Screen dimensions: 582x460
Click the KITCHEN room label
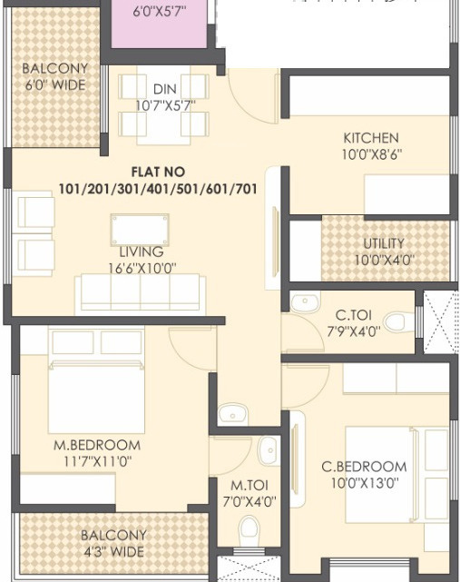(371, 138)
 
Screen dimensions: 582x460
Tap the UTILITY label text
(384, 244)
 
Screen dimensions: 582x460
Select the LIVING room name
(141, 252)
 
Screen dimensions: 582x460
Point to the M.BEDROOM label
(96, 445)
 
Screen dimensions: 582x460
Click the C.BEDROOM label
(364, 467)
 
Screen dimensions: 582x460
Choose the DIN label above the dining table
(164, 89)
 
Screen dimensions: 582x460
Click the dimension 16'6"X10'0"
(141, 268)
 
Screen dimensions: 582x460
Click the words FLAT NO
(158, 171)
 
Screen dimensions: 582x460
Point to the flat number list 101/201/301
(158, 189)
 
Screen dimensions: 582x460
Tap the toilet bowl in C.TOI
(396, 321)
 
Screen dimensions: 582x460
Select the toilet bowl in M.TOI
(249, 530)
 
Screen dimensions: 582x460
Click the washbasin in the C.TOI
(305, 302)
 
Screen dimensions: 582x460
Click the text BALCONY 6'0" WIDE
(54, 77)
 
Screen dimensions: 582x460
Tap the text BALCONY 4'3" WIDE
(113, 544)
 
